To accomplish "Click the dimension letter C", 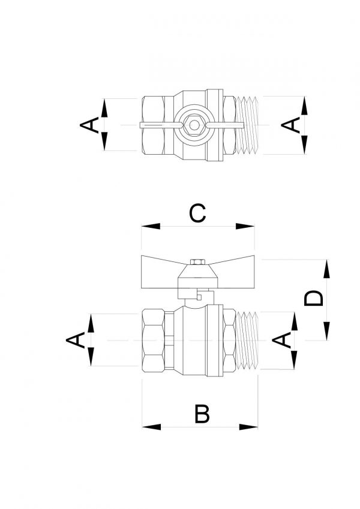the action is pyautogui.click(x=197, y=213).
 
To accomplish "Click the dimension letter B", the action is pyautogui.click(x=202, y=414).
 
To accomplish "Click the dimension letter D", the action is pyautogui.click(x=314, y=299).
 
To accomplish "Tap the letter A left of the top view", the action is pyautogui.click(x=89, y=125).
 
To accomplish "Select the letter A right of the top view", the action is pyautogui.click(x=291, y=125).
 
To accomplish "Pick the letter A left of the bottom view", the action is pyautogui.click(x=76, y=340).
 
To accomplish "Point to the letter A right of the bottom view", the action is pyautogui.click(x=281, y=340).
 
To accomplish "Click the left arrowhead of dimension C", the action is pyautogui.click(x=151, y=226).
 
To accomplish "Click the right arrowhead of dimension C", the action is pyautogui.click(x=245, y=226).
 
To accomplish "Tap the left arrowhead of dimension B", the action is pyautogui.click(x=151, y=427).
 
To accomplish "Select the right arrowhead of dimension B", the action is pyautogui.click(x=248, y=427).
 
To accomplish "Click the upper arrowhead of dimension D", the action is pyautogui.click(x=326, y=269).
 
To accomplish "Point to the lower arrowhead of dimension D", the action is pyautogui.click(x=326, y=331).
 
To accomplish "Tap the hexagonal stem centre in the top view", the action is pyautogui.click(x=194, y=125).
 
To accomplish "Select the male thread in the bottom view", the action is pyautogui.click(x=247, y=340).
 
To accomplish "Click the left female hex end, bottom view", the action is pyautogui.click(x=154, y=340).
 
